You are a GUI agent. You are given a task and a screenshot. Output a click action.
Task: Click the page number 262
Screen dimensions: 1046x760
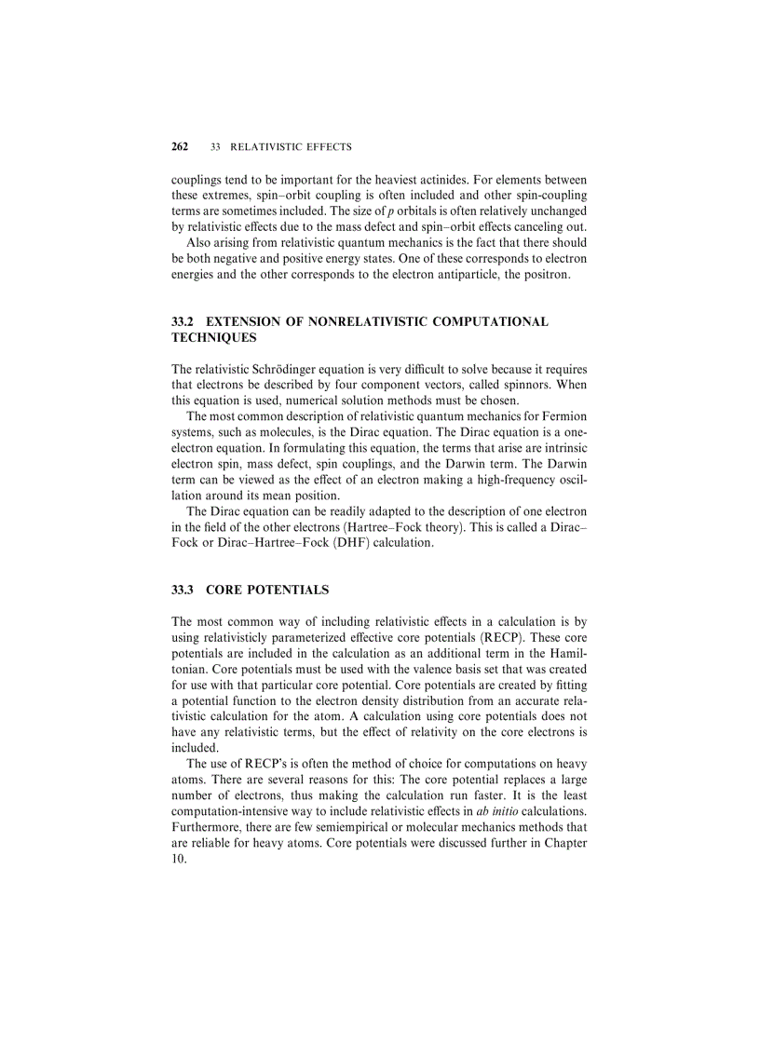coord(180,147)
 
